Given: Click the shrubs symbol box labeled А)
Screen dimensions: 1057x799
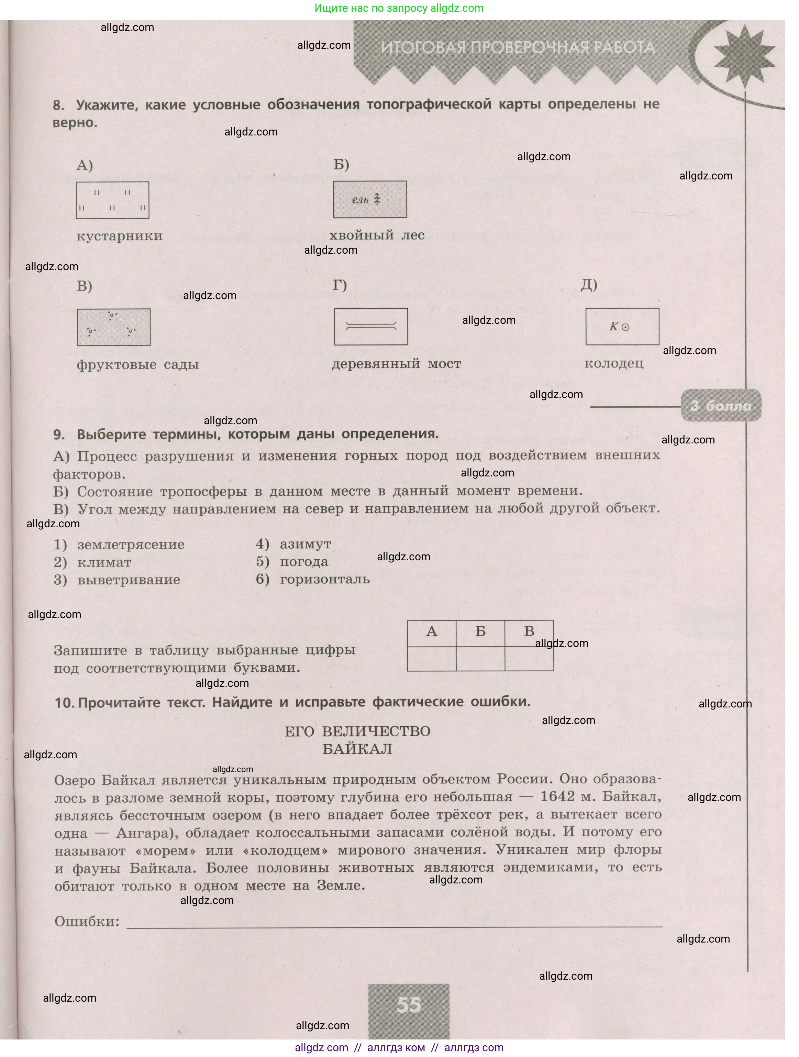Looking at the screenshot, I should [113, 200].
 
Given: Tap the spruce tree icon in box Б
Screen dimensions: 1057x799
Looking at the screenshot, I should [377, 199].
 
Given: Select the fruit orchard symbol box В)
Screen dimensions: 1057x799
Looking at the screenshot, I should [114, 327].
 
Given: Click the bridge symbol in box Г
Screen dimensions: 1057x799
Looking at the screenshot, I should [371, 326].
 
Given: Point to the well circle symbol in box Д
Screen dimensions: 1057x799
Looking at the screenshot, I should [625, 327].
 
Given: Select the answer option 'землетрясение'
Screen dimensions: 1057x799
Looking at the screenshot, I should [131, 544].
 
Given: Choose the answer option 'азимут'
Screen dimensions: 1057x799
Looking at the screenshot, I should [305, 544].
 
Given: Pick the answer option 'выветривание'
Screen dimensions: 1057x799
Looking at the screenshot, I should [129, 580].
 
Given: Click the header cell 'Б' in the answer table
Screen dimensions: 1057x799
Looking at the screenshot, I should [480, 632].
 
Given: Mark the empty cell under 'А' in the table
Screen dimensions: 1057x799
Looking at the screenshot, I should [432, 659].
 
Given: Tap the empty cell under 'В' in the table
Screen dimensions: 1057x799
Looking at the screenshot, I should [529, 659].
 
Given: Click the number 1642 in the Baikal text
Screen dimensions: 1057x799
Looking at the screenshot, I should [557, 796].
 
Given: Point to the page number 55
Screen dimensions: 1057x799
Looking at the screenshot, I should [409, 1005].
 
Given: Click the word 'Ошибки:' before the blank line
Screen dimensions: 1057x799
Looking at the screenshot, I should [87, 921].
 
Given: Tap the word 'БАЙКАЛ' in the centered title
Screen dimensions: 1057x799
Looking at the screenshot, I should [357, 749].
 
